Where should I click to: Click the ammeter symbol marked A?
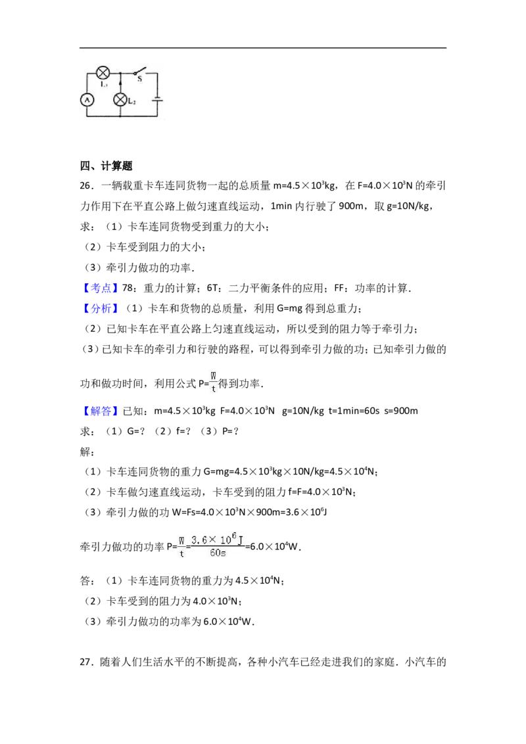coord(86,100)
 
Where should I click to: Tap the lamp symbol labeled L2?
coord(120,100)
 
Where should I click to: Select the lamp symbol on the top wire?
coord(103,72)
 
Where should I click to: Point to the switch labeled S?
coord(139,72)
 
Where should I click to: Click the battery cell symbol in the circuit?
coord(157,100)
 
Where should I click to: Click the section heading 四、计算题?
coord(107,166)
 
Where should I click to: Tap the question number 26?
coord(85,186)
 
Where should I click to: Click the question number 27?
coord(85,663)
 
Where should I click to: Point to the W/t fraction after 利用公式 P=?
coord(214,383)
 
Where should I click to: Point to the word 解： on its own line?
coord(87,452)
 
